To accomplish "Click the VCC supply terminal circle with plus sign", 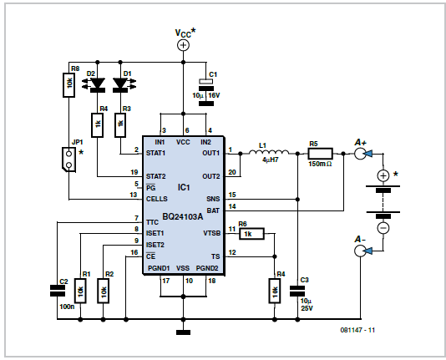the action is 183,45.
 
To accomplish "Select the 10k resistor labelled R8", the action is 68,85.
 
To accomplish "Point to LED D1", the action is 120,85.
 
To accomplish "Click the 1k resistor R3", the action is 120,125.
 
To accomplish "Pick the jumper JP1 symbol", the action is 68,160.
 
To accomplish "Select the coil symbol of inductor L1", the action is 269,153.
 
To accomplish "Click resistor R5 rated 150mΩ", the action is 320,154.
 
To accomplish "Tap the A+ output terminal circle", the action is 360,154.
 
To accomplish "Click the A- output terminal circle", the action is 360,251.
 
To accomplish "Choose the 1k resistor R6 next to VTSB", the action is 251,234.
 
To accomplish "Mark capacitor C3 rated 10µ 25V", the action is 297,292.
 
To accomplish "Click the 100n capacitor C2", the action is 58,291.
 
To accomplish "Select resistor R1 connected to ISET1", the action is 80,291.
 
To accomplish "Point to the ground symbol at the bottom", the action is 183,332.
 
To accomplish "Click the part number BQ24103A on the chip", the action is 183,217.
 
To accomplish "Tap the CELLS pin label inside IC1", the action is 157,199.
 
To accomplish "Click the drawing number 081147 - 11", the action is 357,330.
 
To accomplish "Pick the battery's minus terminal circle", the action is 383,228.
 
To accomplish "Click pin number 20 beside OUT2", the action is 232,172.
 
